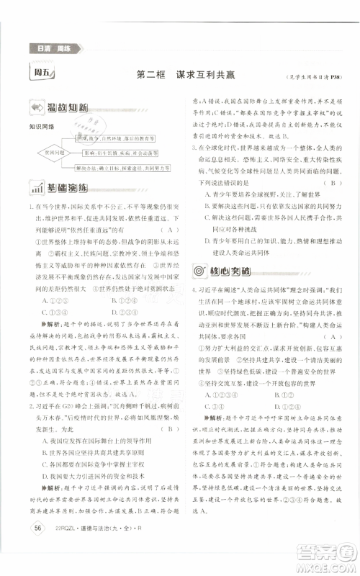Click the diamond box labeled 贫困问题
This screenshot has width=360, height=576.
[x=53, y=153]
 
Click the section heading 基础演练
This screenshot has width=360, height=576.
[x=67, y=189]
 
